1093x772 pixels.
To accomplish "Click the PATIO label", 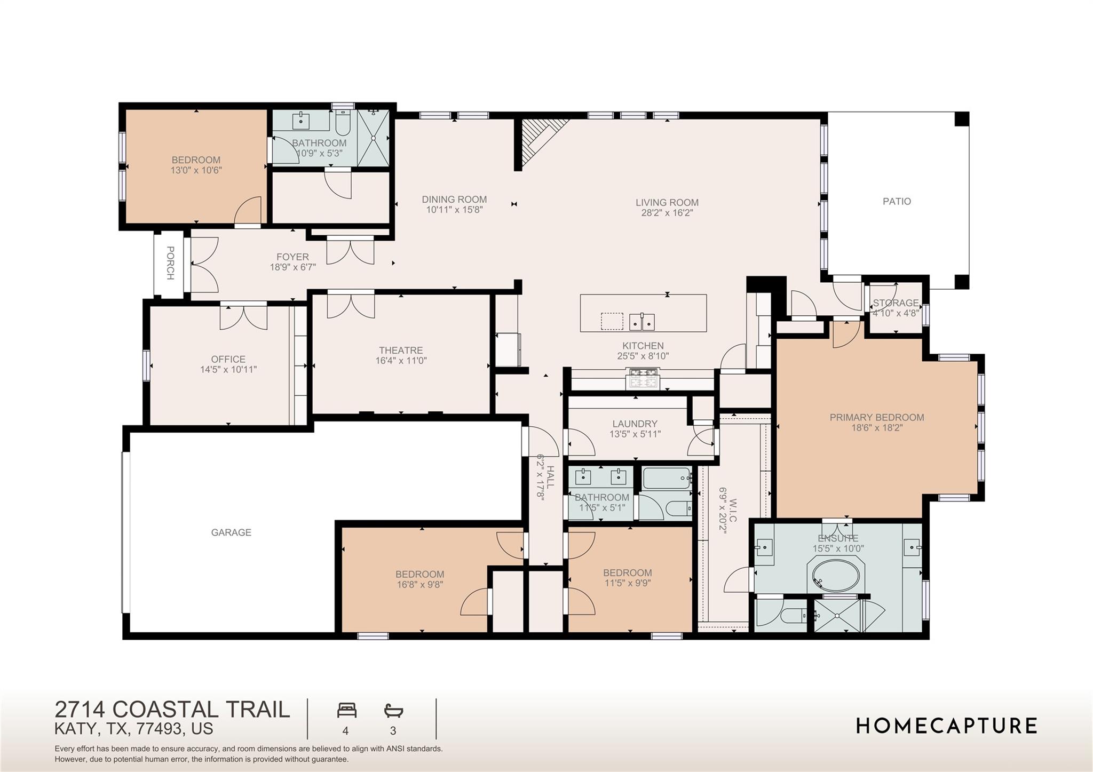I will [897, 201].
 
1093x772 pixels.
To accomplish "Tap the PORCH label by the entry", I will [170, 262].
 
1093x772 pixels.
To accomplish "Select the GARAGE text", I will [231, 532].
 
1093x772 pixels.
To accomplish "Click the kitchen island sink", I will [642, 322].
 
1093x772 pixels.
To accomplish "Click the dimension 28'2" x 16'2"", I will [667, 213].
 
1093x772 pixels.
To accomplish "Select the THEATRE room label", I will [401, 350].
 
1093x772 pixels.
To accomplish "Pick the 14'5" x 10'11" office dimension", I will [228, 369].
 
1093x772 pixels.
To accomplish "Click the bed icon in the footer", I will [346, 711].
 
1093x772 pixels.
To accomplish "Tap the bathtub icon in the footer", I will [393, 711].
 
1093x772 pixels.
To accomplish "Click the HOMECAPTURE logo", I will [946, 726].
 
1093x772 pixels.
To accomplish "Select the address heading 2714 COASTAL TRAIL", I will [172, 710].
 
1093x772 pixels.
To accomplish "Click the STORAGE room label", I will [896, 303].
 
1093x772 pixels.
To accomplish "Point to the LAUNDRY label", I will [635, 424].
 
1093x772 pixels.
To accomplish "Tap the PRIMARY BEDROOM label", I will [876, 417].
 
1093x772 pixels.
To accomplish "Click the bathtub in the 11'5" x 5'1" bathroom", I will [667, 478].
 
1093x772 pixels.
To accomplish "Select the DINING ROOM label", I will [454, 199].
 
